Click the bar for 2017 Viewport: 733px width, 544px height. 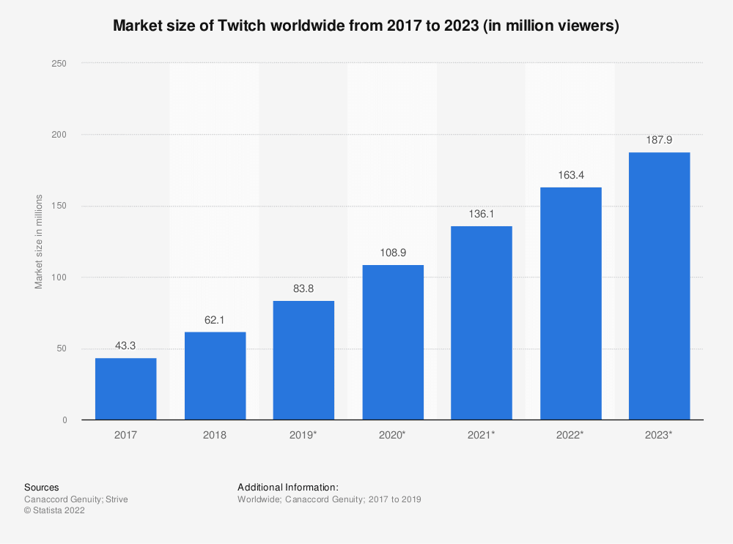click(x=125, y=389)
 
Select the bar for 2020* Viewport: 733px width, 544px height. click(x=392, y=342)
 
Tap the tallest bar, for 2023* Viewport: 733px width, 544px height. click(x=659, y=286)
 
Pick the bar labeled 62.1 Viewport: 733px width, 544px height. click(x=215, y=376)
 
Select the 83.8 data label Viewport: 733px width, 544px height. click(x=303, y=288)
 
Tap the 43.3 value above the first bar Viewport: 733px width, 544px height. click(x=125, y=346)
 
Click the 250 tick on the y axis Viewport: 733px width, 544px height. click(x=59, y=64)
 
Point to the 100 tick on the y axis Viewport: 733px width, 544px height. click(x=59, y=277)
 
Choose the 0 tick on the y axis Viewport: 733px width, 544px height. click(x=65, y=420)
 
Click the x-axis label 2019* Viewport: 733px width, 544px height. click(x=303, y=435)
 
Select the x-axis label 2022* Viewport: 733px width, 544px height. click(x=570, y=435)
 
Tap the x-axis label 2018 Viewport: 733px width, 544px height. click(x=215, y=435)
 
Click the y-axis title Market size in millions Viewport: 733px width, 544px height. click(x=39, y=242)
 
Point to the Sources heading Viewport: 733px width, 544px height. click(x=42, y=487)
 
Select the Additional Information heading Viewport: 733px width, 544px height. click(x=288, y=487)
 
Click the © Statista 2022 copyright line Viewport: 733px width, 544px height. click(x=54, y=511)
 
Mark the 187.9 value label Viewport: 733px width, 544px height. click(x=659, y=140)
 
